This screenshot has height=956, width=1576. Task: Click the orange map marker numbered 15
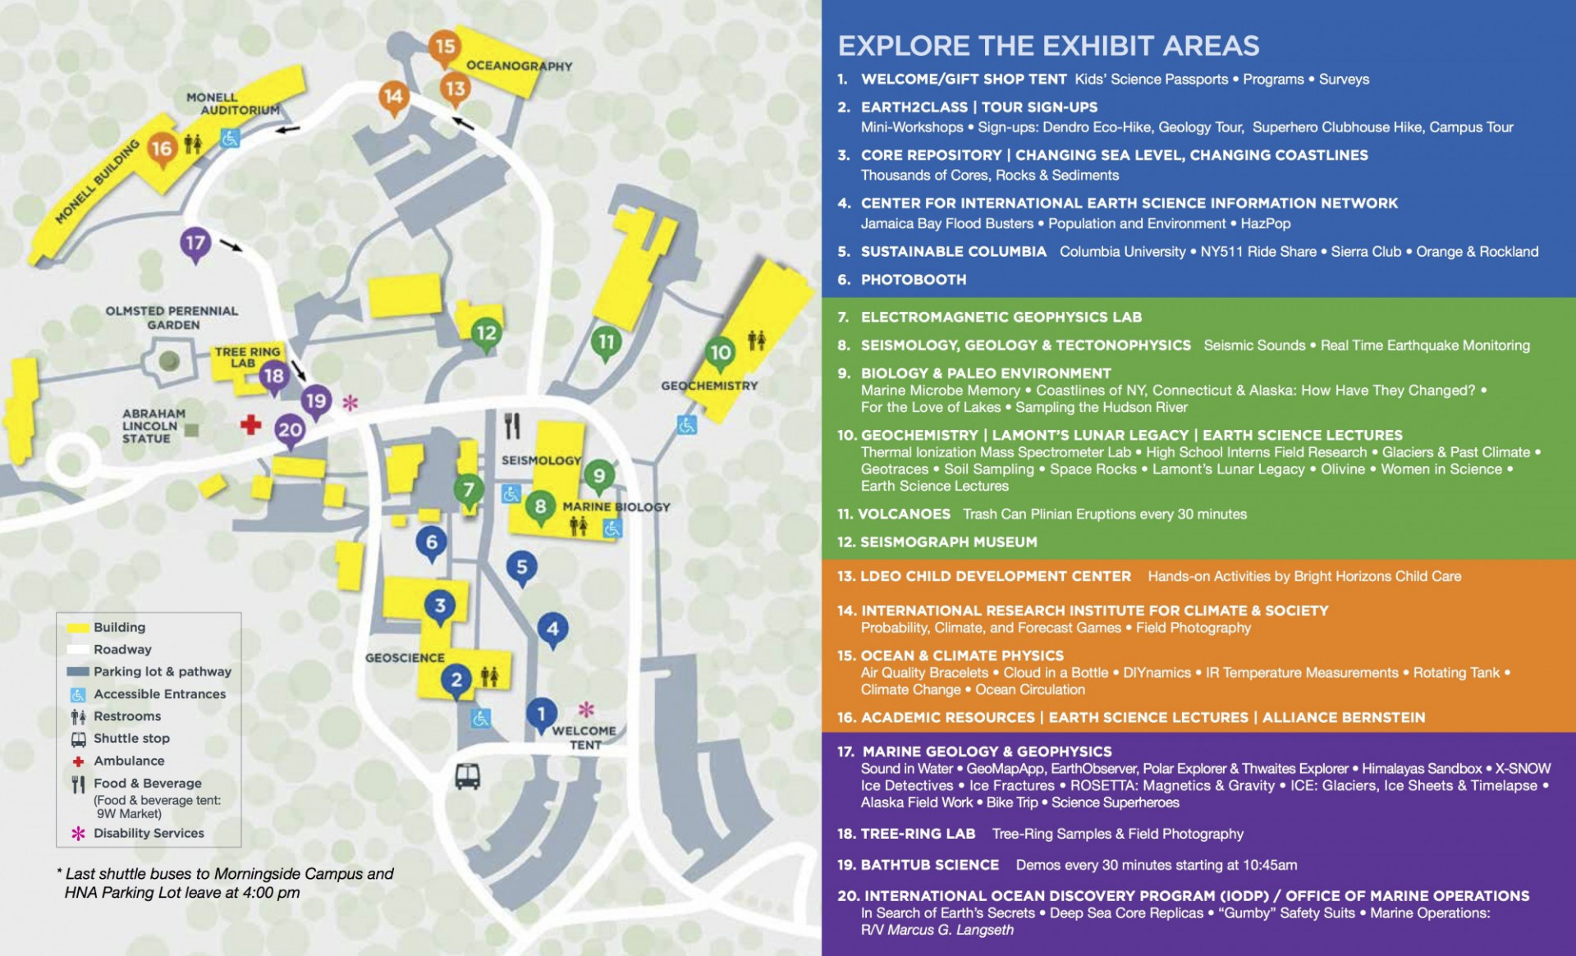coord(444,47)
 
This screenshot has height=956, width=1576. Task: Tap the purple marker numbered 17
coord(195,244)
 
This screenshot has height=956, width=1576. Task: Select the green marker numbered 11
coord(606,342)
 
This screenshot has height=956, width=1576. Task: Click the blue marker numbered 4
coord(552,629)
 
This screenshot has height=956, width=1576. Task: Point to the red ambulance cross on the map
coord(250,424)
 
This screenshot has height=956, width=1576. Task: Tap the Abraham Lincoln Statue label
coord(153,426)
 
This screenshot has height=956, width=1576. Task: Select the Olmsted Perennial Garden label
coord(172,318)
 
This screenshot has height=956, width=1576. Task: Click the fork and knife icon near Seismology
coord(512,426)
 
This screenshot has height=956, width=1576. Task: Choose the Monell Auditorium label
coord(232,103)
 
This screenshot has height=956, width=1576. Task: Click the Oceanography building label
coord(519,66)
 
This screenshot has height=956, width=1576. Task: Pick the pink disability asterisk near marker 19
coord(350,402)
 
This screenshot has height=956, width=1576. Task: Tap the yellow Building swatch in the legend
coord(78,628)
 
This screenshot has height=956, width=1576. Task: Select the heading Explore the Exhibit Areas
coord(1048,46)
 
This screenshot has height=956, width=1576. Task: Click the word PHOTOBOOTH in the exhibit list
coord(913,280)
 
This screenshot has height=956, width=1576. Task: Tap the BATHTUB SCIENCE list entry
coord(929,865)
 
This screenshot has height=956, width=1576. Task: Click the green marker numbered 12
coord(486,333)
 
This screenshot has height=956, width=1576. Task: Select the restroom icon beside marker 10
coord(756,340)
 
